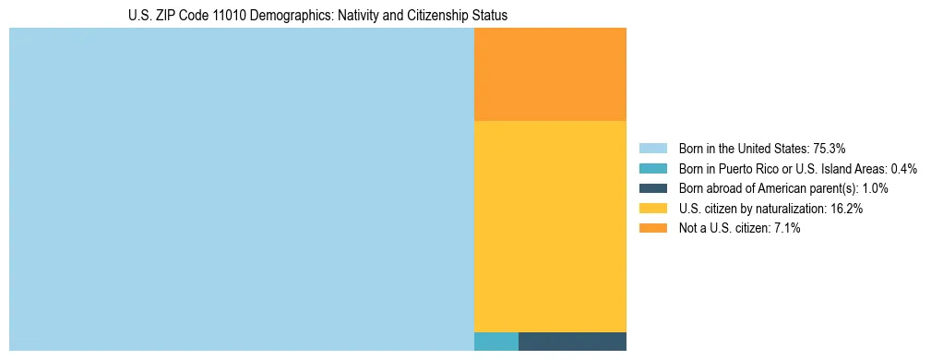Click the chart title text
tap(317, 16)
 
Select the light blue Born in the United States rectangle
tap(241, 189)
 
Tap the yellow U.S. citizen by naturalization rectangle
tap(550, 226)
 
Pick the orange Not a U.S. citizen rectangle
tap(550, 74)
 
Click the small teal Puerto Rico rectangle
tap(496, 342)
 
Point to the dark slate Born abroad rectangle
tap(572, 342)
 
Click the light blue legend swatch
tap(652, 149)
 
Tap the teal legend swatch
tap(652, 169)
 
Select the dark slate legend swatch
tap(652, 188)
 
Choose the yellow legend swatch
tap(652, 209)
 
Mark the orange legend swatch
tap(652, 228)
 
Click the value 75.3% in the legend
tap(830, 149)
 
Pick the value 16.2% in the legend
tap(847, 209)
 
